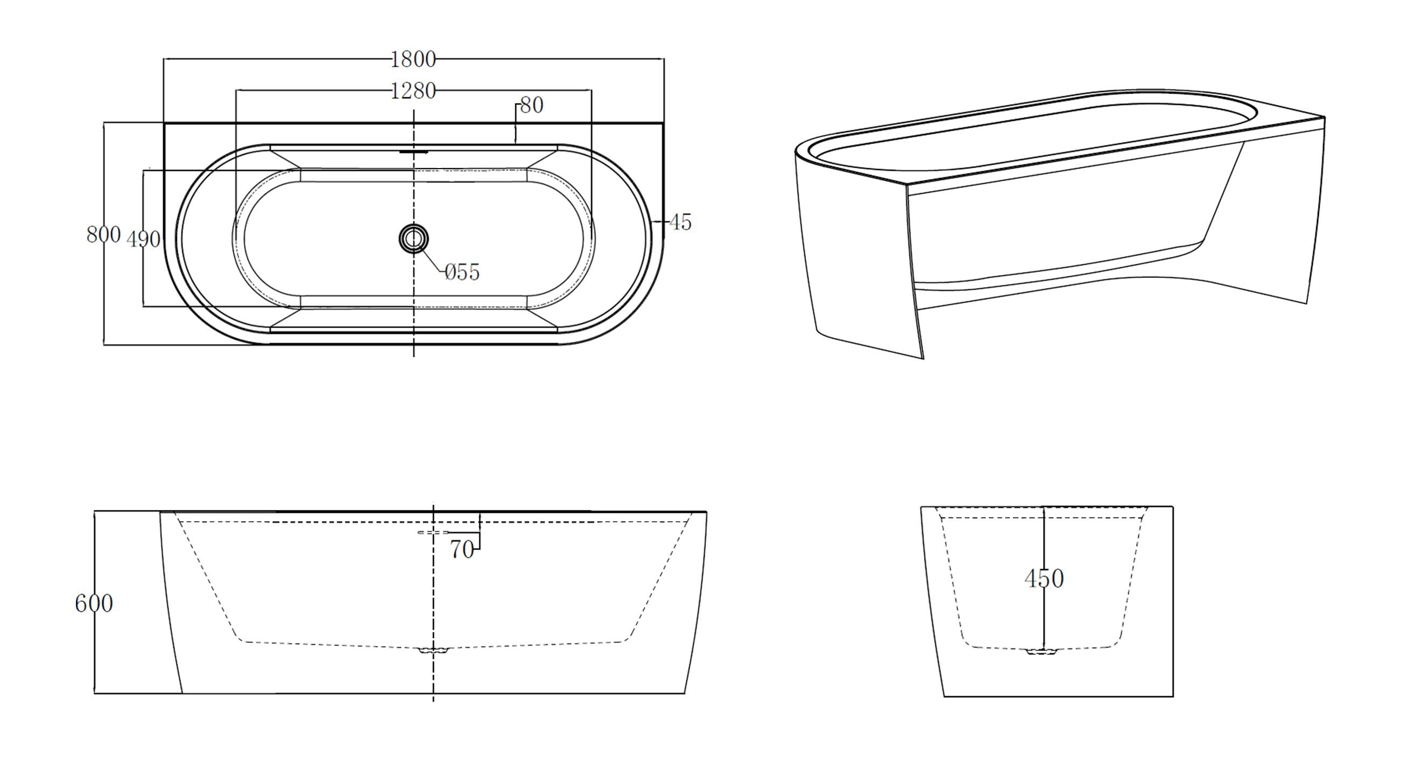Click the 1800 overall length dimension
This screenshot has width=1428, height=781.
click(x=413, y=59)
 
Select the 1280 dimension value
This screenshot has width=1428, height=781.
click(x=413, y=91)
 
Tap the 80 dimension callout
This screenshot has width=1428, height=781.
click(x=532, y=106)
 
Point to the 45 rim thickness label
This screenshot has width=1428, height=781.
click(x=680, y=222)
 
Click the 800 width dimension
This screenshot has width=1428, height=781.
click(x=103, y=235)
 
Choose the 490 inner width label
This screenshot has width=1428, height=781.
click(x=144, y=240)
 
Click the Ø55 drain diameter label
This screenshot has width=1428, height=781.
click(x=462, y=273)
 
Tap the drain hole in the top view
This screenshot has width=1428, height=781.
click(x=413, y=239)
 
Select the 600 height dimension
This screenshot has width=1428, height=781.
click(x=94, y=603)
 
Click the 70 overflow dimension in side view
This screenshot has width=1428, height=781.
click(x=462, y=550)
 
